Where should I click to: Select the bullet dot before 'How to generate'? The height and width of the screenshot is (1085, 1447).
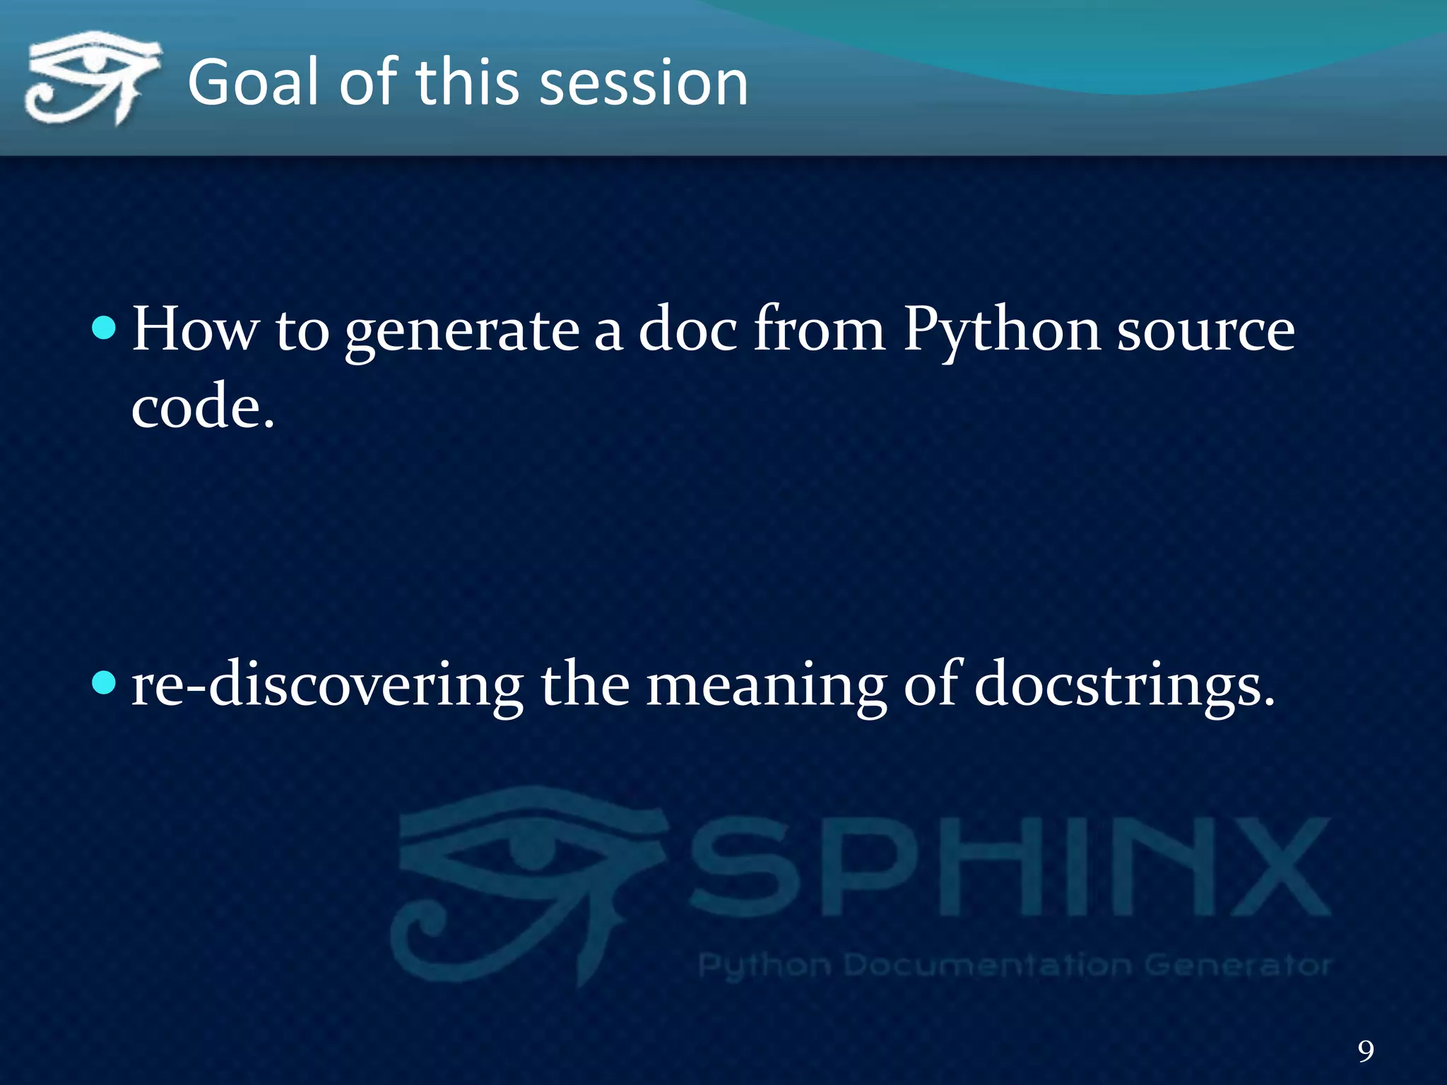point(104,328)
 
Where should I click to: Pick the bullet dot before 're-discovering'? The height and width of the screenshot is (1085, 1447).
point(104,683)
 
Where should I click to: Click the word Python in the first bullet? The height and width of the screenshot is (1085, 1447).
point(1001,331)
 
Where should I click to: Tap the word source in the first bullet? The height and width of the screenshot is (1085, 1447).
point(1205,331)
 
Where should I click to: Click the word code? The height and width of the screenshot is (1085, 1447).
point(202,407)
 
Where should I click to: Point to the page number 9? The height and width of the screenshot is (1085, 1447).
point(1366,1050)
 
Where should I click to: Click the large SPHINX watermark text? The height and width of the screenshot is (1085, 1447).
point(1010,867)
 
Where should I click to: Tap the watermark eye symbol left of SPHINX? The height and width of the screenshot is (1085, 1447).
point(526,883)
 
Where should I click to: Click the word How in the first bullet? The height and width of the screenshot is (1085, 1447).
point(196,329)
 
